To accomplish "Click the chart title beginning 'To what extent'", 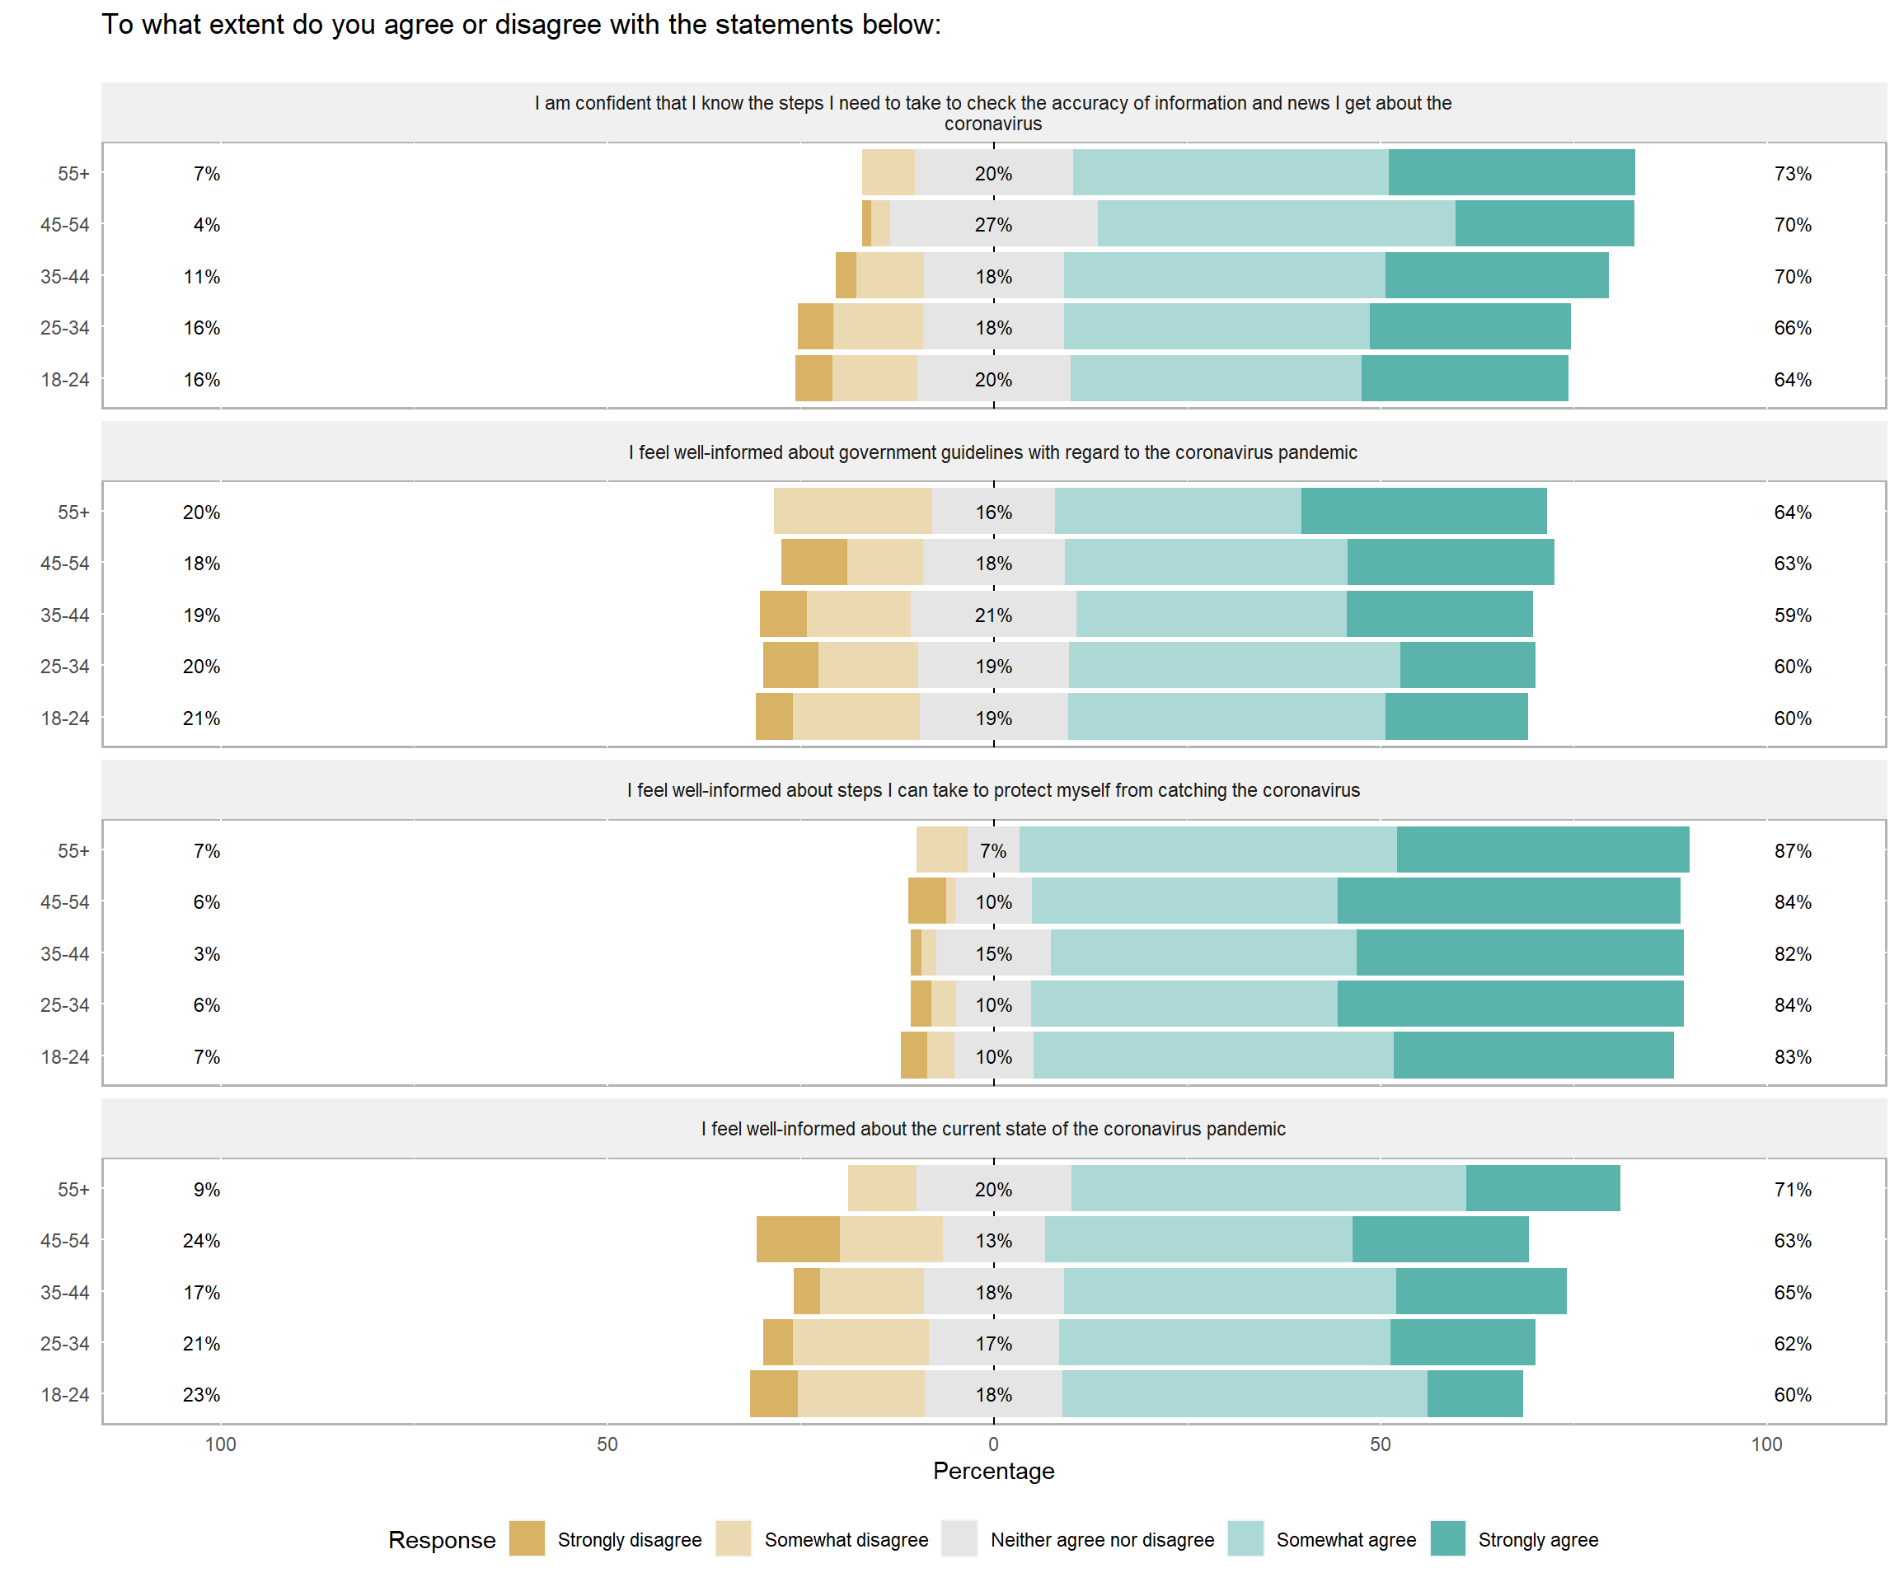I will point(521,25).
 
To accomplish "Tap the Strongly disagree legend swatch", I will point(527,1539).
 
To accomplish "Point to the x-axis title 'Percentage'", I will point(993,1471).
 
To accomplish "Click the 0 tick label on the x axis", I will point(993,1444).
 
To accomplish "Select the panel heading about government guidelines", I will point(993,452).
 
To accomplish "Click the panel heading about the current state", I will point(993,1128).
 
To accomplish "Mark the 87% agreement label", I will point(1793,850).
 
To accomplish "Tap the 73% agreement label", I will point(1793,174).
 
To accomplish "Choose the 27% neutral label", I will point(993,224).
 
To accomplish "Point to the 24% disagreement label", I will point(201,1240).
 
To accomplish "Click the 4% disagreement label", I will point(206,224).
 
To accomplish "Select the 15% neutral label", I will point(993,953).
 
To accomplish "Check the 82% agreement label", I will point(1793,953).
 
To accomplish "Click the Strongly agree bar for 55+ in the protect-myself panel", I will point(1543,850).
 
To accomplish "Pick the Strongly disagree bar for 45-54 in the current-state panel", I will point(798,1239).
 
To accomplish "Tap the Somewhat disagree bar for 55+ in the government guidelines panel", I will point(853,511).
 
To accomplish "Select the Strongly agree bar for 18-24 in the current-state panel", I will point(1475,1394).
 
